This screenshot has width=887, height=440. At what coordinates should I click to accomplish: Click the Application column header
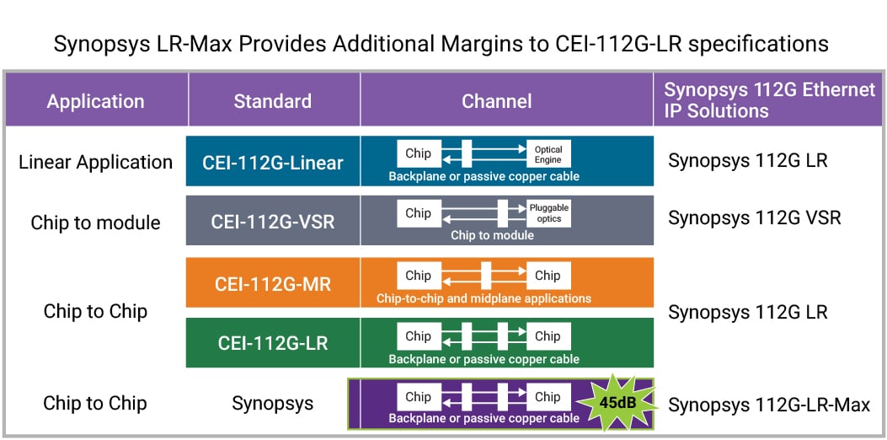(95, 101)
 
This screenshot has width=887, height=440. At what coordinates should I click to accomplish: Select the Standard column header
(272, 101)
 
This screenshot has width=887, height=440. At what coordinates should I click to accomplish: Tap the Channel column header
(496, 101)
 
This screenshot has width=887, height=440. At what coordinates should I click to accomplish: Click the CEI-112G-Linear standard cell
(272, 162)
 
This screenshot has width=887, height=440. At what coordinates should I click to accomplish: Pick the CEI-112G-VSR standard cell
(272, 221)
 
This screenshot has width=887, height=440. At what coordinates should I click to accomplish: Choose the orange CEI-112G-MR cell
(272, 283)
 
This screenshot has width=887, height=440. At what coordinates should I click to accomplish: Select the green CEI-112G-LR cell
(272, 343)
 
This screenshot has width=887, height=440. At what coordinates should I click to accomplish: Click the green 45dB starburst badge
(618, 402)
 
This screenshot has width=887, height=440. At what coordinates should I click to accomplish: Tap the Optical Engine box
(548, 154)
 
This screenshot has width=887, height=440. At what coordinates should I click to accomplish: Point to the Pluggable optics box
(548, 213)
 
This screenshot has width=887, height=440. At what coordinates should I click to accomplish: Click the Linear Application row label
(95, 162)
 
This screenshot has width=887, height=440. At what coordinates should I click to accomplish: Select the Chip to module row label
(95, 223)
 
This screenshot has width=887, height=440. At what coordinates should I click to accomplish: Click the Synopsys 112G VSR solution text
(754, 218)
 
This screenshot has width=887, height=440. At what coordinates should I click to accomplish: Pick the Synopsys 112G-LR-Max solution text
(768, 405)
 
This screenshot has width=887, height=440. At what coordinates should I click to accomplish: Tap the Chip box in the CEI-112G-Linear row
(418, 153)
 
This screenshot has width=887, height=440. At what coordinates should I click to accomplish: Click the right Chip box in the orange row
(547, 276)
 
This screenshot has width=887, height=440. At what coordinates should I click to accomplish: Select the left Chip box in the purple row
(418, 397)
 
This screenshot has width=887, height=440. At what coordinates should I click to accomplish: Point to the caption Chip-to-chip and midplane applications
(484, 298)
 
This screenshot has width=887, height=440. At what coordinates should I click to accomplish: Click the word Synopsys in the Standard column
(272, 404)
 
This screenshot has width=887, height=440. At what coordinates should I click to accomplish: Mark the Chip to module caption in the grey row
(492, 235)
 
